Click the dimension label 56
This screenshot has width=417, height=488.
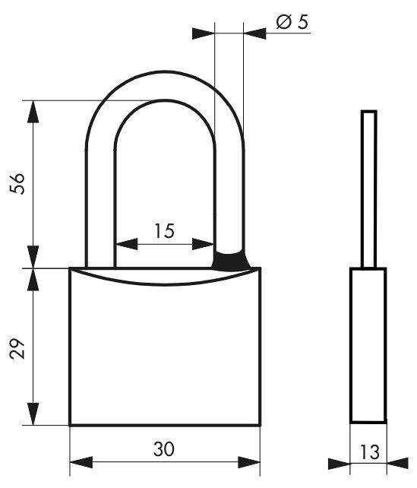pyautogui.click(x=17, y=184)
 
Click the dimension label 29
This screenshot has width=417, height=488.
pyautogui.click(x=17, y=349)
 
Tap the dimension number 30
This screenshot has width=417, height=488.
pyautogui.click(x=164, y=449)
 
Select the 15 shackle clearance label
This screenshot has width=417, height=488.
pyautogui.click(x=165, y=231)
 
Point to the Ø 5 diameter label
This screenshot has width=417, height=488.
pyautogui.click(x=292, y=22)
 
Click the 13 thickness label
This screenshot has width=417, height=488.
pyautogui.click(x=370, y=452)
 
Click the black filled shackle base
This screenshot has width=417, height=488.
pyautogui.click(x=230, y=260)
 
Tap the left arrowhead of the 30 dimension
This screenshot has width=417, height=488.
pyautogui.click(x=81, y=462)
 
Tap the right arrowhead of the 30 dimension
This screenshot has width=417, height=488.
pyautogui.click(x=249, y=462)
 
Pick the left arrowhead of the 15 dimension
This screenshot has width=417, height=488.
pyautogui.click(x=126, y=244)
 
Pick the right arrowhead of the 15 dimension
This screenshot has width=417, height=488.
pyautogui.click(x=203, y=244)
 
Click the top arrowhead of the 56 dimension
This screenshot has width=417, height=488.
pyautogui.click(x=33, y=112)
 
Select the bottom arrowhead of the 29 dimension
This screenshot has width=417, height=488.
pyautogui.click(x=33, y=414)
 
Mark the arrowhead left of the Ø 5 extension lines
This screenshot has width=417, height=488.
pyautogui.click(x=204, y=33)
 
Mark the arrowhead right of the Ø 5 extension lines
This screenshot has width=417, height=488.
pyautogui.click(x=255, y=33)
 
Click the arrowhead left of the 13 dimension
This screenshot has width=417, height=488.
pyautogui.click(x=339, y=464)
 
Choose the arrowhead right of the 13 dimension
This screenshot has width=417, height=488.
pyautogui.click(x=397, y=463)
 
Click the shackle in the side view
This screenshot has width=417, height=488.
pyautogui.click(x=369, y=189)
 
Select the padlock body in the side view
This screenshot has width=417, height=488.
pyautogui.click(x=368, y=345)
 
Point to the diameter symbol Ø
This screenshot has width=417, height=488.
pyautogui.click(x=283, y=22)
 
